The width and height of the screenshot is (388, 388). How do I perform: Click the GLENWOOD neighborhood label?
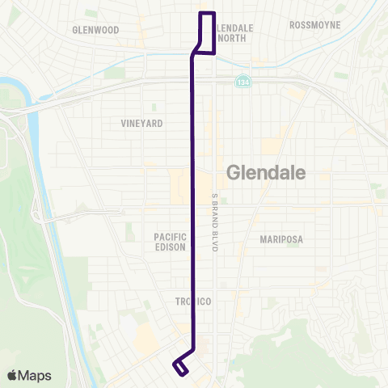click(95, 30)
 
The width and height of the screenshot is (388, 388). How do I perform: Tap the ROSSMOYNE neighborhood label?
click(314, 25)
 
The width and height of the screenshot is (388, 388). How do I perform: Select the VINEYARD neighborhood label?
click(142, 124)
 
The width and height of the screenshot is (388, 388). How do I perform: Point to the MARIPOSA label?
click(280, 239)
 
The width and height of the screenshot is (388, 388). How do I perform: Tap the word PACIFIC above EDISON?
click(171, 236)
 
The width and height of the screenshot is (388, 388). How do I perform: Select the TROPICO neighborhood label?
click(193, 302)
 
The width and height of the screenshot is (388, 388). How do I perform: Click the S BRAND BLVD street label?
click(215, 222)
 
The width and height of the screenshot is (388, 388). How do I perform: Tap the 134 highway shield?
click(242, 82)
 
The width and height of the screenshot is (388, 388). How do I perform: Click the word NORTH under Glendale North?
click(232, 38)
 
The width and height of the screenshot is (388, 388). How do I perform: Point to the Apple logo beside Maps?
click(12, 375)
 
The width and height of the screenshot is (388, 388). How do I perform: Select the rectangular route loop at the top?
click(207, 32)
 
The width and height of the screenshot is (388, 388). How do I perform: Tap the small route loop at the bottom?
click(180, 368)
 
